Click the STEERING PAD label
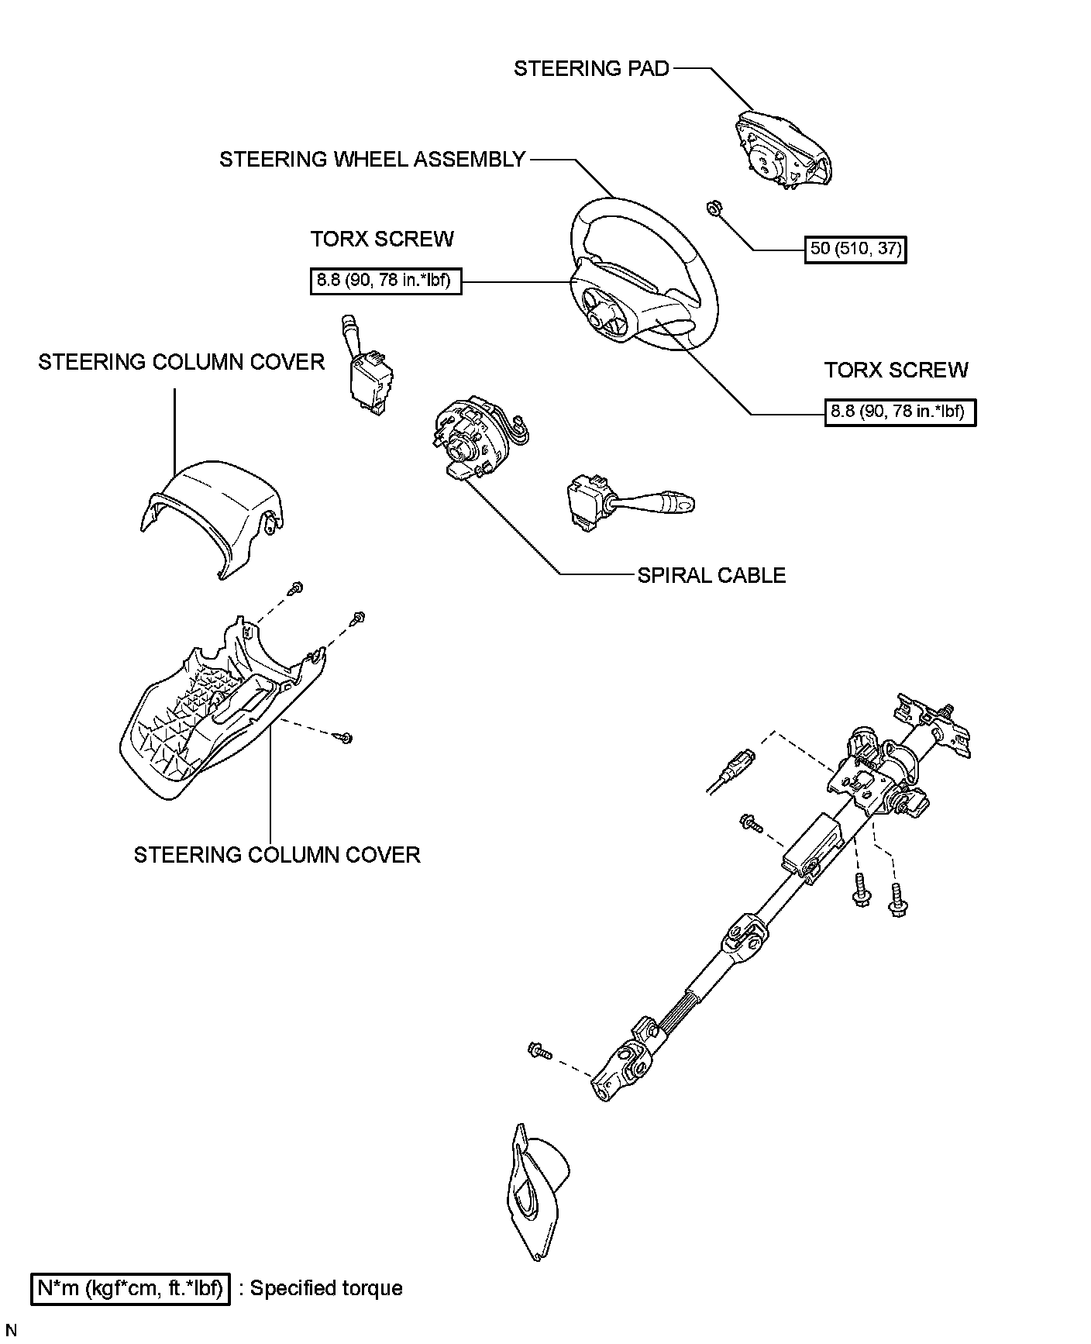591,69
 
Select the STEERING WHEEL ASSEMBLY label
372,160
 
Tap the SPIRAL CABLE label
711,575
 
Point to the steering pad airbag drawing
781,150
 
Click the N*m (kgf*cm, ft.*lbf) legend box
130,1289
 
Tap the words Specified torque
326,1289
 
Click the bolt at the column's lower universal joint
538,1051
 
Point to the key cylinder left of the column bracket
733,767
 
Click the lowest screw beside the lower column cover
346,737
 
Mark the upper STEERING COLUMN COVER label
181,362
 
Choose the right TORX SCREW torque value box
900,412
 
